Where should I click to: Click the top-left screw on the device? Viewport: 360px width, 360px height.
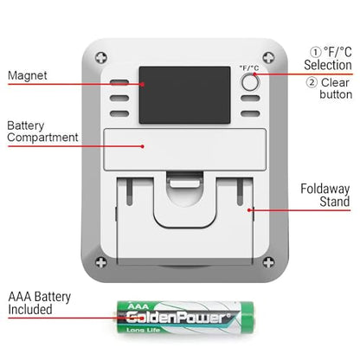tap(101, 58)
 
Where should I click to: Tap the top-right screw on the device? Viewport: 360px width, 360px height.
tap(268, 58)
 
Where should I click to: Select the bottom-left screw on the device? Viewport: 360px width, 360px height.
tap(101, 262)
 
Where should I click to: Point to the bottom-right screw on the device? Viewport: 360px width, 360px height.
tap(268, 262)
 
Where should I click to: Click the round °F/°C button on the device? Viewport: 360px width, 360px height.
tap(250, 82)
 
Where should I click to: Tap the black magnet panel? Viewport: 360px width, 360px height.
tap(185, 95)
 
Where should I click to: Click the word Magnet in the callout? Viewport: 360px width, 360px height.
tap(28, 75)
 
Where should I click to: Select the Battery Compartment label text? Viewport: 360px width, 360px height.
tap(42, 132)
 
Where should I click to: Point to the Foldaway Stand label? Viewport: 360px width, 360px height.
tap(325, 195)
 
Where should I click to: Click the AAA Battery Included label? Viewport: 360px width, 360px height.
tap(40, 303)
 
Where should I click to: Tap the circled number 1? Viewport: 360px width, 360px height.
tap(316, 52)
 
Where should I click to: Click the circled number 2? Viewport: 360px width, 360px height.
tap(312, 82)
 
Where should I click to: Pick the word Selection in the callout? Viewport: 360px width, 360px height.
tap(328, 65)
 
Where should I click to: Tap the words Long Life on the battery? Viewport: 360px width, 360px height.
tap(144, 330)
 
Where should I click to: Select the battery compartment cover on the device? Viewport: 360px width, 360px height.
tap(184, 150)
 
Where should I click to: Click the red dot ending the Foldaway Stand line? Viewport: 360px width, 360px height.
tap(249, 210)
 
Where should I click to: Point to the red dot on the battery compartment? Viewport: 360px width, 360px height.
tap(143, 146)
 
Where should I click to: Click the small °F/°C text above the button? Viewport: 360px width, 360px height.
tap(249, 68)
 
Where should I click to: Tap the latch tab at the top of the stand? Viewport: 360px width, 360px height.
tap(185, 183)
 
